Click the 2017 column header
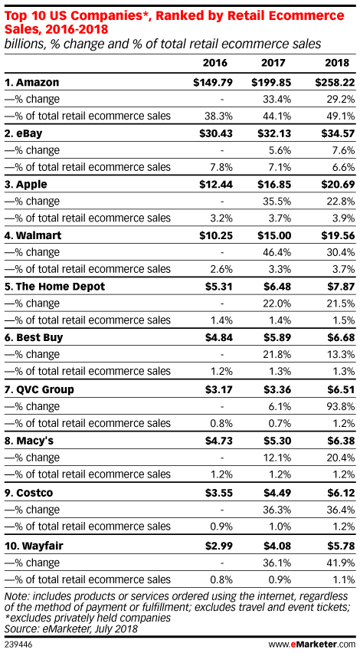coord(273,64)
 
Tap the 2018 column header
coord(337,64)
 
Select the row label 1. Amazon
coord(31,82)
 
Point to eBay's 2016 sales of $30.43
coord(213,133)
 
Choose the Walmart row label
coord(33,235)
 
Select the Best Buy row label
coord(34,337)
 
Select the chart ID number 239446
coord(18,645)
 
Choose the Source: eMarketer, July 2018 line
coord(70,628)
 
